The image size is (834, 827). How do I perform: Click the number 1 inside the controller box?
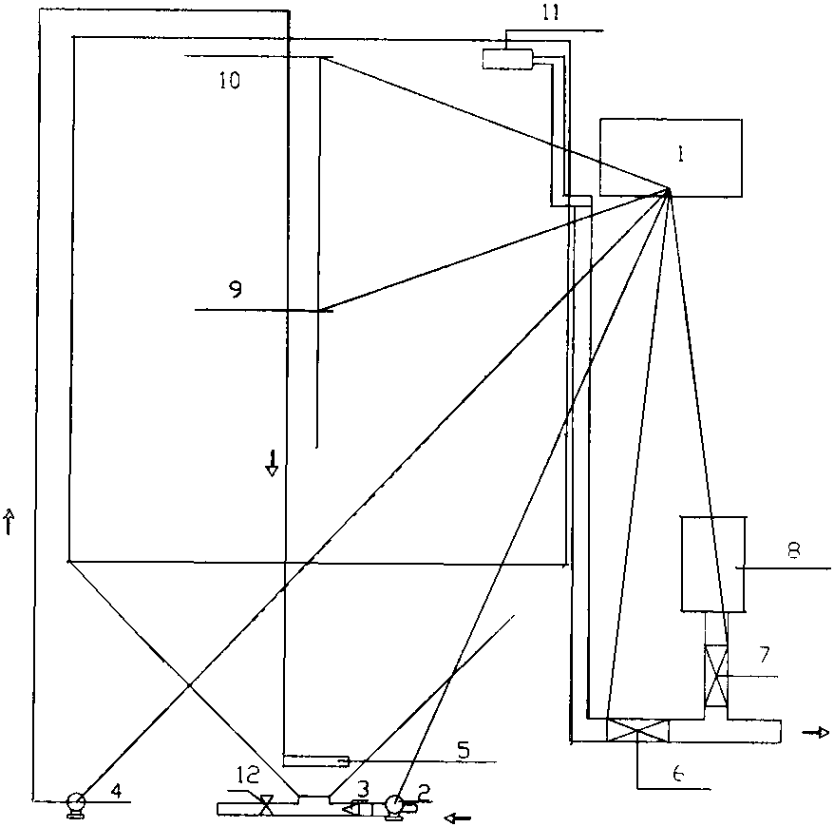670,152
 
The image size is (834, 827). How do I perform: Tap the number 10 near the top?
229,80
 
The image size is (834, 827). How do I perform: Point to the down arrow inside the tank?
272,465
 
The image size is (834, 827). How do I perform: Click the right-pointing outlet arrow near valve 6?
816,732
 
